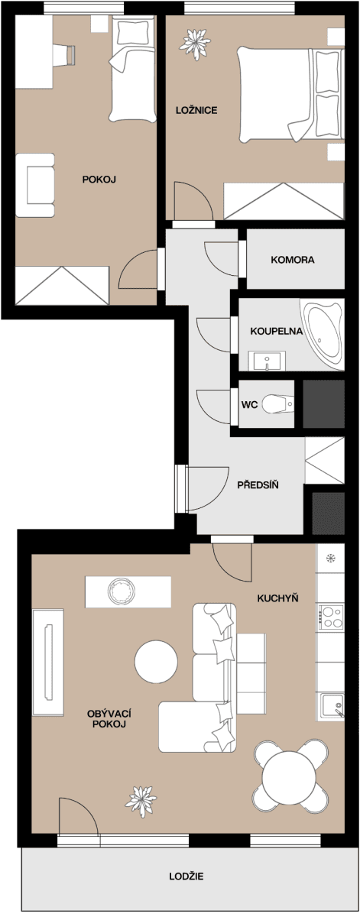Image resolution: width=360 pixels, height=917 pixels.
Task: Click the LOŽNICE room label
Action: tap(197, 111)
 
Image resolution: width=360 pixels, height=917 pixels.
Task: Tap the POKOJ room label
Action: tap(99, 180)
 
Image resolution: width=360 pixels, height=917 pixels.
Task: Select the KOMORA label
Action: tap(292, 260)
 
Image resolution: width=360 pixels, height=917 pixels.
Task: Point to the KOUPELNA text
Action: tap(277, 332)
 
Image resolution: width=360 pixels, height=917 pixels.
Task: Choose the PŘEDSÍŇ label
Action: tap(257, 484)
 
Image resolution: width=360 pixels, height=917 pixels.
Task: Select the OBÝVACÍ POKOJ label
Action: tap(106, 718)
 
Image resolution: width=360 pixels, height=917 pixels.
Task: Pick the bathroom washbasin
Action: tap(268, 359)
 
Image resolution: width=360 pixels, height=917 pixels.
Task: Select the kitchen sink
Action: tap(331, 705)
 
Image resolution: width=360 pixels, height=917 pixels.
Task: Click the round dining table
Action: tap(287, 776)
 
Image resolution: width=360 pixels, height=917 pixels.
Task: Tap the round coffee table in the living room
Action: tap(157, 663)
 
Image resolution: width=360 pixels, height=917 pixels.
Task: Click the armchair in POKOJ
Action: tap(35, 186)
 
